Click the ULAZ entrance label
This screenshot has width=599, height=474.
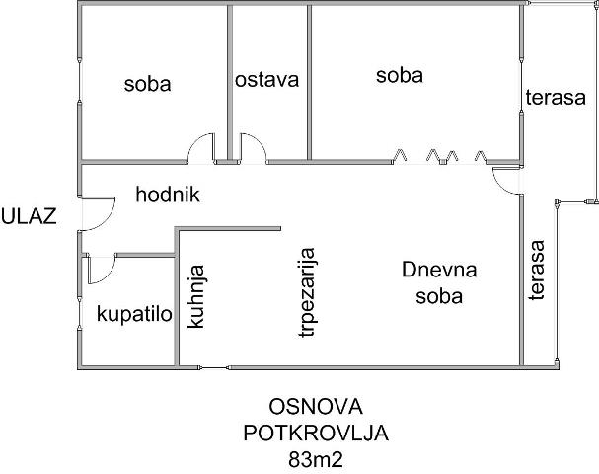(x=29, y=216)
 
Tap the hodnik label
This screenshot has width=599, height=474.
(x=168, y=195)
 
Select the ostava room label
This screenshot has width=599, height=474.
(x=266, y=80)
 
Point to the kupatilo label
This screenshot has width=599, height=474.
(x=134, y=315)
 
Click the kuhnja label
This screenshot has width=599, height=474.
(x=196, y=296)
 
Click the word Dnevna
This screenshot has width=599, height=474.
(x=439, y=270)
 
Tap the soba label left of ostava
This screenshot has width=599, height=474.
(x=147, y=84)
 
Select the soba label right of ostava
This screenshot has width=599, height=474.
(x=400, y=75)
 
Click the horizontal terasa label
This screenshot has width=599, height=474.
(x=556, y=97)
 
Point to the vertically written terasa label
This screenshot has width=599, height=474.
(x=537, y=270)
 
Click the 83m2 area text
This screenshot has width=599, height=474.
(x=316, y=460)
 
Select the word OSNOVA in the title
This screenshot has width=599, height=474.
(x=316, y=407)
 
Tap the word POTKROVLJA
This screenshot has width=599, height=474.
(x=316, y=434)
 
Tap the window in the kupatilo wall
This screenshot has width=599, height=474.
(x=79, y=312)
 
